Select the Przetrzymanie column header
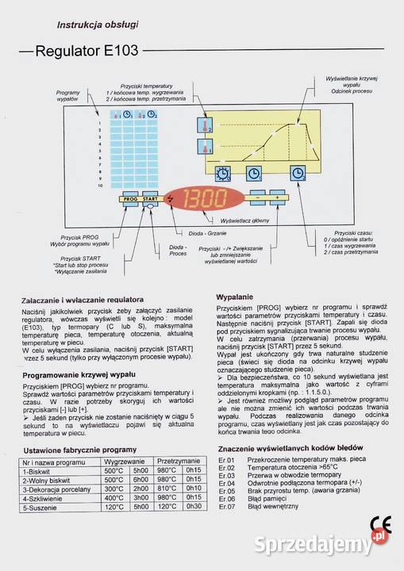[x=178, y=460]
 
